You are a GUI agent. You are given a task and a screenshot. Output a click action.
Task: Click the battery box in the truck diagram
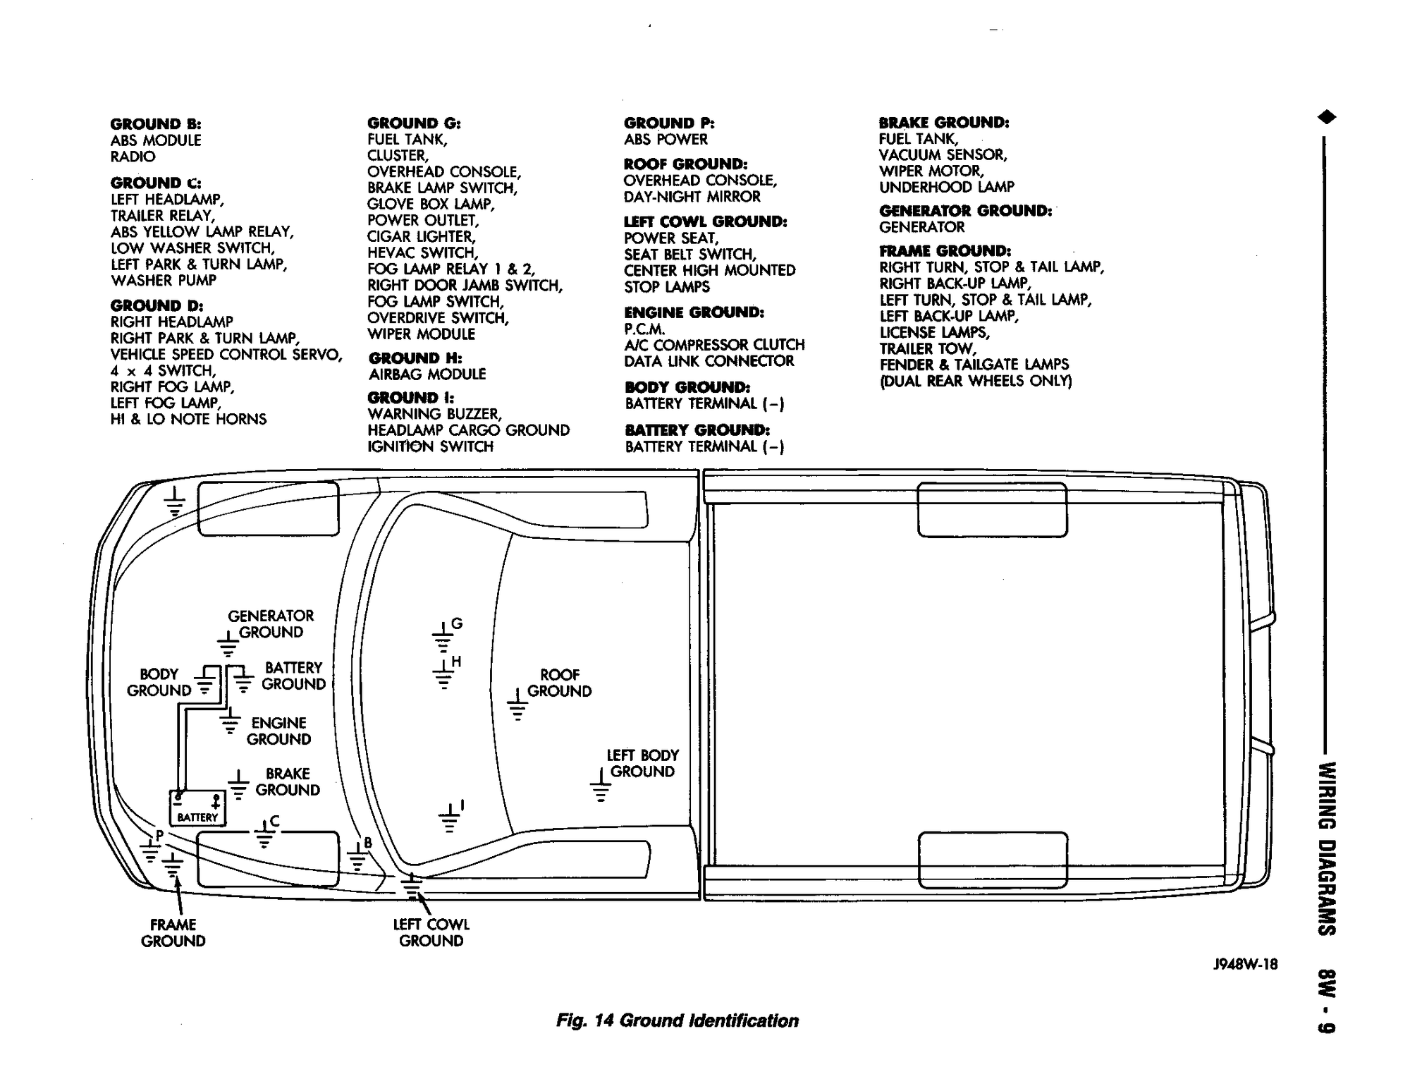point(197,808)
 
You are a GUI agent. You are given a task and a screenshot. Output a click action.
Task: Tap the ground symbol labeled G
point(442,638)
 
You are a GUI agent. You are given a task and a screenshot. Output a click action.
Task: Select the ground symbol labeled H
point(443,675)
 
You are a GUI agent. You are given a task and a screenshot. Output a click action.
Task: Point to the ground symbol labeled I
point(450,819)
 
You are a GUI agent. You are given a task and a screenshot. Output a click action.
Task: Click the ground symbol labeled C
point(264,835)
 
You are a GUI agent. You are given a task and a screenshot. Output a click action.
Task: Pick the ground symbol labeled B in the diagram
point(357,858)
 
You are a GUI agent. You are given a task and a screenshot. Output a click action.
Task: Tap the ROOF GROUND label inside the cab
point(559,683)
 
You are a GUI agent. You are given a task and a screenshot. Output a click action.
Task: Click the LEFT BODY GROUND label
point(642,763)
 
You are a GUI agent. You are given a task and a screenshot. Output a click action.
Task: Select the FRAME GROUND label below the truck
point(173,932)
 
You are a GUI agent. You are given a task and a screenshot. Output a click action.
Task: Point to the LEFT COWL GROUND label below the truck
point(431,932)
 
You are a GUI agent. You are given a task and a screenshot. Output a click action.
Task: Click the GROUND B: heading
point(157,124)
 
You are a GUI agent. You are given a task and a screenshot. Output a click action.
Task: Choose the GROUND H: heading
point(415,358)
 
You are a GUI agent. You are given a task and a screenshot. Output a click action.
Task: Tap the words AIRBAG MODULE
point(427,374)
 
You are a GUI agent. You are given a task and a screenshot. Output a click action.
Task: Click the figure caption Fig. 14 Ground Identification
point(677,1020)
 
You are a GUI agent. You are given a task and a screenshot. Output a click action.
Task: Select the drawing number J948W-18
point(1245,964)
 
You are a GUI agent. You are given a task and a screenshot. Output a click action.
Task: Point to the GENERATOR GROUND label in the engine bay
point(271,623)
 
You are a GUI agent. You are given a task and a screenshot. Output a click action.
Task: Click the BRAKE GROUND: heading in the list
point(944,123)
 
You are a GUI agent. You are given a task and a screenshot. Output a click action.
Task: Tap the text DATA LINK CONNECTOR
point(709,361)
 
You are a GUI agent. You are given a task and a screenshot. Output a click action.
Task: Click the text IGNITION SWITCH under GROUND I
point(430,446)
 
